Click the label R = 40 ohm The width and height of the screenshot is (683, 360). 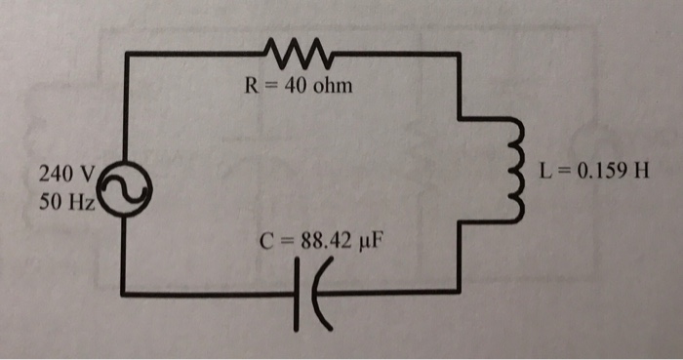[x=297, y=86]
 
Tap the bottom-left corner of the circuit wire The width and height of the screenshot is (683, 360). [x=124, y=292]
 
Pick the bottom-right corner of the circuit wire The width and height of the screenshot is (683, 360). [x=460, y=290]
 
